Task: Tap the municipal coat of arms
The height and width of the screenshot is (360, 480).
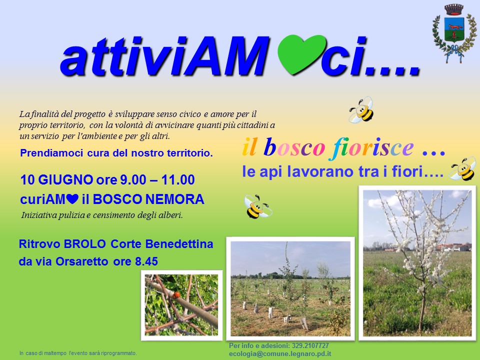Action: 454,33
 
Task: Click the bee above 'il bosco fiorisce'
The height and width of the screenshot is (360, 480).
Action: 362,109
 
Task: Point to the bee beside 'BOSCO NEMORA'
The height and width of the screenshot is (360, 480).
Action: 257,206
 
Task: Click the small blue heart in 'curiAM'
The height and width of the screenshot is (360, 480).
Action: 72,199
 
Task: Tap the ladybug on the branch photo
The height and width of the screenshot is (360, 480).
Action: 176,295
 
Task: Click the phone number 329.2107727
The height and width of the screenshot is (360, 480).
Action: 310,345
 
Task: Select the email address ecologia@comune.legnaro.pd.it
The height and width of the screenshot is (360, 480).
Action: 280,353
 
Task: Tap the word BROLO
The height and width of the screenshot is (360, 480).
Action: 84,244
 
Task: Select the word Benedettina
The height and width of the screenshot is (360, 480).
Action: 179,244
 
